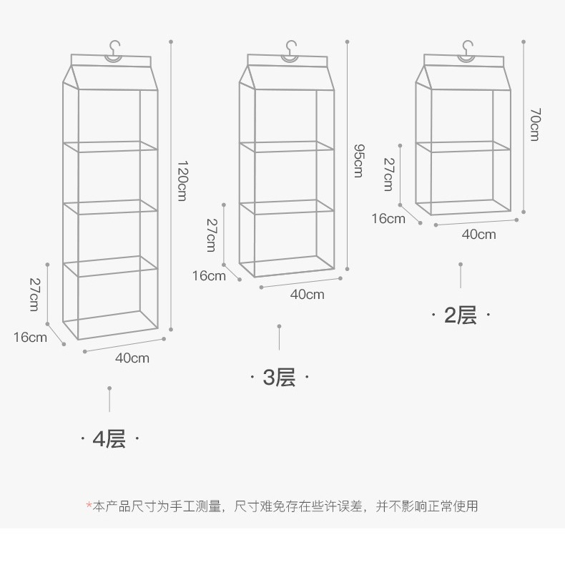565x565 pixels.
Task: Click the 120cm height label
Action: [182, 180]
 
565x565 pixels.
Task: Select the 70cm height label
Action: [534, 124]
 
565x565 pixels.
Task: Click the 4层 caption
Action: [109, 438]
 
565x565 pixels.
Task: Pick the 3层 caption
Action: [279, 377]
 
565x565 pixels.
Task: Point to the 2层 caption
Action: [461, 315]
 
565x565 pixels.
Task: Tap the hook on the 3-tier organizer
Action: [290, 50]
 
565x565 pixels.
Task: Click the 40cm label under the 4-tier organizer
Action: [132, 358]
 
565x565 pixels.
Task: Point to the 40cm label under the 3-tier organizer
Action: [307, 294]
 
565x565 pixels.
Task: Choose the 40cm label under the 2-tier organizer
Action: [478, 234]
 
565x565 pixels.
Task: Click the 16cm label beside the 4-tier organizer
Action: [30, 336]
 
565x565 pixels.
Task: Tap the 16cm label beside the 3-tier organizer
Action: [209, 275]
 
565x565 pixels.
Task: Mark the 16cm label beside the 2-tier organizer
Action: [388, 218]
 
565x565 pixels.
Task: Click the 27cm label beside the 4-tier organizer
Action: [34, 293]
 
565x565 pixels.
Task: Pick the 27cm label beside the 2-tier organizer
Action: [388, 174]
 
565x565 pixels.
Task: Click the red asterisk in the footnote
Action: [89, 506]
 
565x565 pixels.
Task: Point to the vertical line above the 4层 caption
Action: [109, 400]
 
